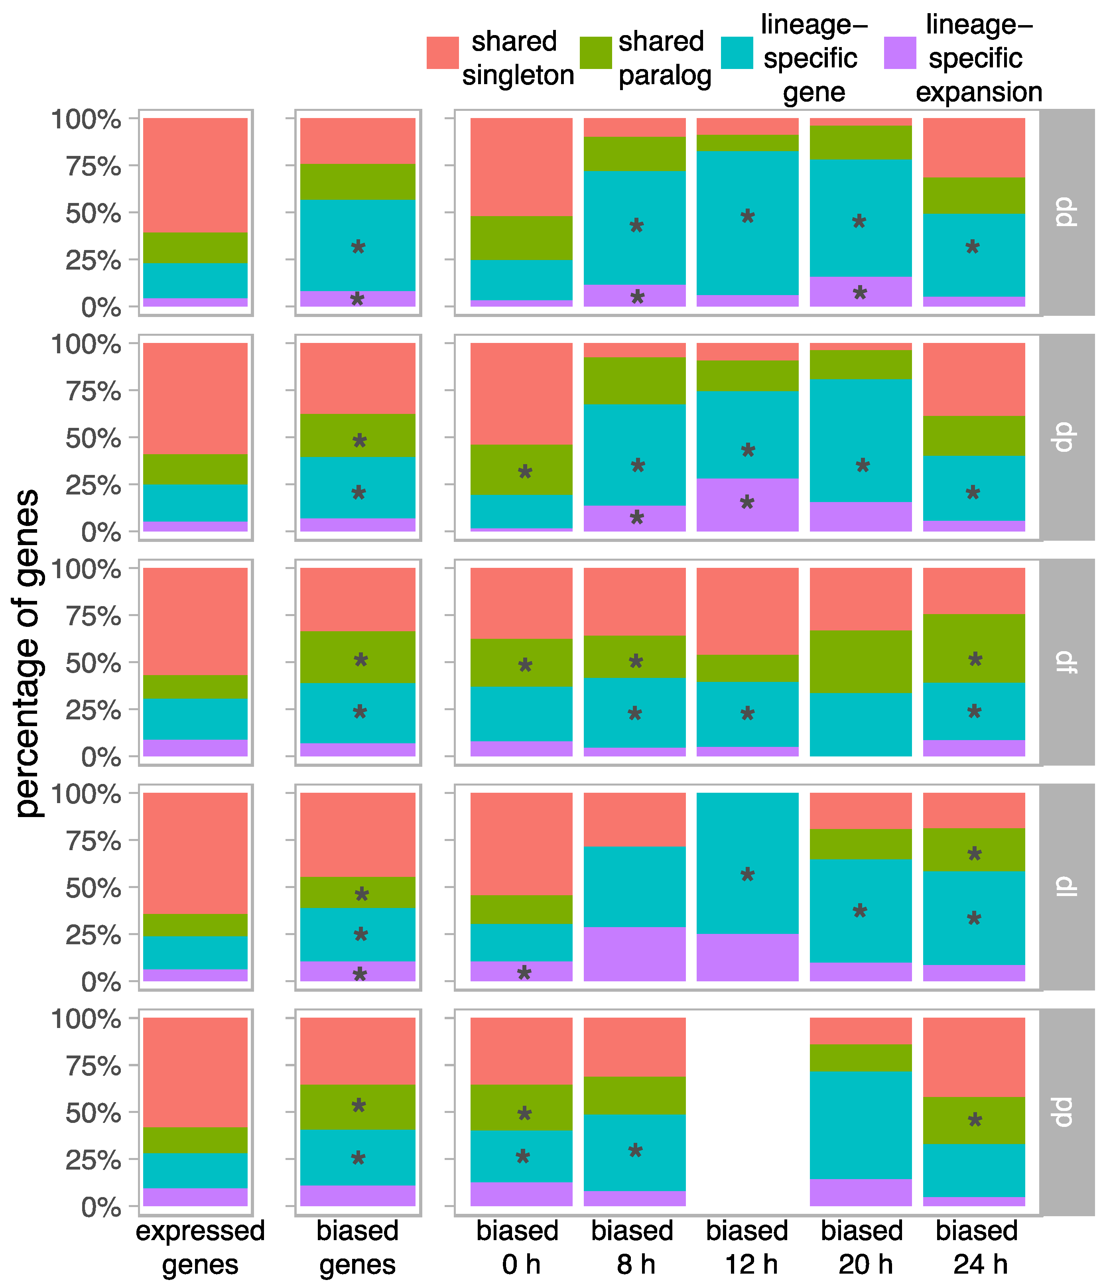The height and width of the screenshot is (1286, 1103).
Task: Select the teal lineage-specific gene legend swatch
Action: click(x=737, y=52)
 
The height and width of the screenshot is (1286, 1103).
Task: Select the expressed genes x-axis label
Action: click(x=200, y=1247)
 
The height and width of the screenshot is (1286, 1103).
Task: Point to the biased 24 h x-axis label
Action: click(x=976, y=1247)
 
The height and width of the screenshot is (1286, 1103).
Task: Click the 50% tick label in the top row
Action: click(x=93, y=213)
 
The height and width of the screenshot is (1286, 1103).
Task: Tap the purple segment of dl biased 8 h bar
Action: click(x=634, y=953)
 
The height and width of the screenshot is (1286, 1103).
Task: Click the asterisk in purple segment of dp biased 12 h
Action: click(x=747, y=503)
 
